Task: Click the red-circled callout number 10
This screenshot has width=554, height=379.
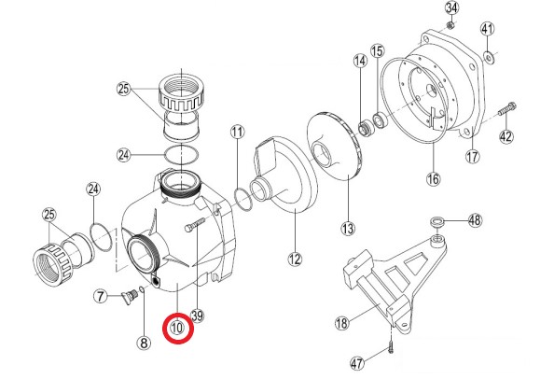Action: [178, 328]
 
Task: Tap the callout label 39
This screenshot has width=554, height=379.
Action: [197, 315]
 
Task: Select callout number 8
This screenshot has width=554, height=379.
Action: [144, 343]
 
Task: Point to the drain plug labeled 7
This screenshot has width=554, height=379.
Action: [129, 295]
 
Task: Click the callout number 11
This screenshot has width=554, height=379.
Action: [238, 133]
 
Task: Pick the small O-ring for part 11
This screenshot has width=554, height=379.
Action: [243, 200]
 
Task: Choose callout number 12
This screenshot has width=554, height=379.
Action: [295, 260]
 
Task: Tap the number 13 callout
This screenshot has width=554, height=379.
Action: [348, 229]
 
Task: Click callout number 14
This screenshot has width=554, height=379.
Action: [360, 61]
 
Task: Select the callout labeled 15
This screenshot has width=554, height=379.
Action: [378, 51]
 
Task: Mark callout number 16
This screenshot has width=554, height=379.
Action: [433, 179]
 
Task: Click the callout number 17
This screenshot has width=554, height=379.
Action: [472, 156]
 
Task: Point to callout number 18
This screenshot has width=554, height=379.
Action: [341, 323]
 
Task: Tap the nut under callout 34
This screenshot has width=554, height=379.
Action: [450, 25]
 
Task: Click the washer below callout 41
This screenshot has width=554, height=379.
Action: [489, 56]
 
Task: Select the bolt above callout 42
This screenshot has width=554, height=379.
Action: [507, 108]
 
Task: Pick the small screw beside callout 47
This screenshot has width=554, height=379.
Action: [391, 348]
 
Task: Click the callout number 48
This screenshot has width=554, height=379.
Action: [475, 220]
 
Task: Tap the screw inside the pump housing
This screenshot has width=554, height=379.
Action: [195, 225]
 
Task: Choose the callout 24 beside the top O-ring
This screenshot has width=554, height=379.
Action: [124, 155]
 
